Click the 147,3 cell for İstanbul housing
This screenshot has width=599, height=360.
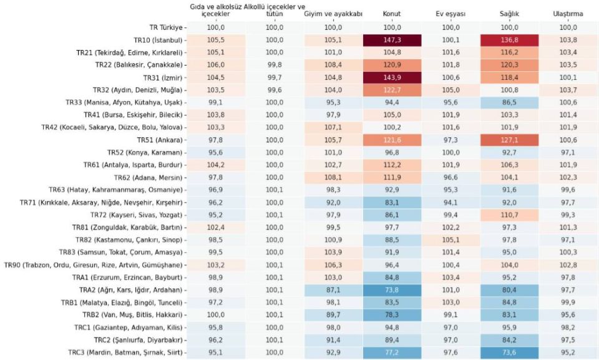[x=392, y=40]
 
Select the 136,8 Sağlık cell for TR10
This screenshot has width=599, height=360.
[x=509, y=40]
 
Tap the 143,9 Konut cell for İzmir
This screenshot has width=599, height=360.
[x=392, y=77]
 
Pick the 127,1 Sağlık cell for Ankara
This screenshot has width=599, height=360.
[x=509, y=140]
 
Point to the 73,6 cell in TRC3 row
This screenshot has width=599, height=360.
[x=509, y=353]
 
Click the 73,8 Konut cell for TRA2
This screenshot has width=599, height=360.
[x=392, y=289]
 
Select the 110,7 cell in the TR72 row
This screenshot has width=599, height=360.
[x=509, y=215]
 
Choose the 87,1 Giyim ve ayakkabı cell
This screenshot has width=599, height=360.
[x=333, y=289]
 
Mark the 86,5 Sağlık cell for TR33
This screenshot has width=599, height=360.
[x=509, y=102]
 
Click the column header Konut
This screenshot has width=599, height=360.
[x=392, y=14]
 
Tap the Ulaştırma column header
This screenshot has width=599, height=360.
[x=568, y=14]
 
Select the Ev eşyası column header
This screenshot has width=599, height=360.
[x=450, y=14]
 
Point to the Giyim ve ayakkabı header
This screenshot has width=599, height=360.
[x=333, y=14]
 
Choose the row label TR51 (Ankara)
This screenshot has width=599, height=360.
[x=158, y=140]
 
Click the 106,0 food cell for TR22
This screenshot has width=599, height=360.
[x=215, y=65]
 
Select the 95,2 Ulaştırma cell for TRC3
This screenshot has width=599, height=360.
[x=568, y=353]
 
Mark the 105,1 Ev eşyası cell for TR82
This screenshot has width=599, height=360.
[x=450, y=240]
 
